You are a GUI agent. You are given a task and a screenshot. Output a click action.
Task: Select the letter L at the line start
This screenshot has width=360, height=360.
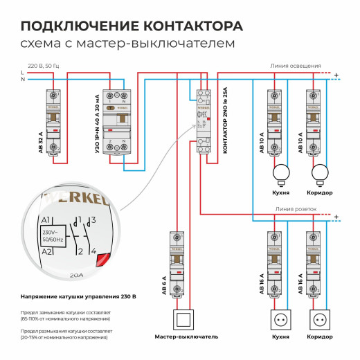pos(23,72)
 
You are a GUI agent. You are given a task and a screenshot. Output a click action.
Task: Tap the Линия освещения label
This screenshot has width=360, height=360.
pos(296,66)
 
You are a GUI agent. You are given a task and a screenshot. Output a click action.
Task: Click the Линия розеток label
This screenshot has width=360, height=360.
pos(296,208)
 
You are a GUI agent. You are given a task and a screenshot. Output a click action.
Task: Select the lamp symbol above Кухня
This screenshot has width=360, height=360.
pos(281,173)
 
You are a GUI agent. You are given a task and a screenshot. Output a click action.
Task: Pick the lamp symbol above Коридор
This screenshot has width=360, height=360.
pos(319,173)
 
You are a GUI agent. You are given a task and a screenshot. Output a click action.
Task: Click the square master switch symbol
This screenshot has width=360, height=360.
pos(186,321)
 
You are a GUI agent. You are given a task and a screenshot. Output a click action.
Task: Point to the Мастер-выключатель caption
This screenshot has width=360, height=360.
pos(186,337)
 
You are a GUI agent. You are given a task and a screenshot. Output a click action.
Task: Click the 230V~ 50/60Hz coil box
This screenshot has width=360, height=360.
pos(54,237)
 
